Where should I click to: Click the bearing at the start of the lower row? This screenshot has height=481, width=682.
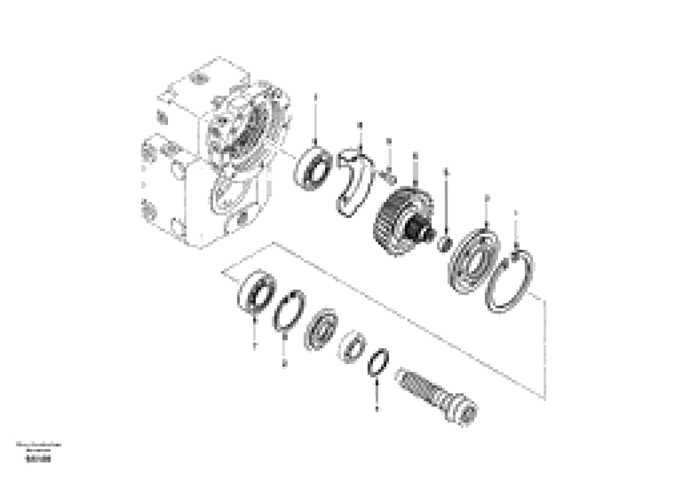(257, 292)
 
